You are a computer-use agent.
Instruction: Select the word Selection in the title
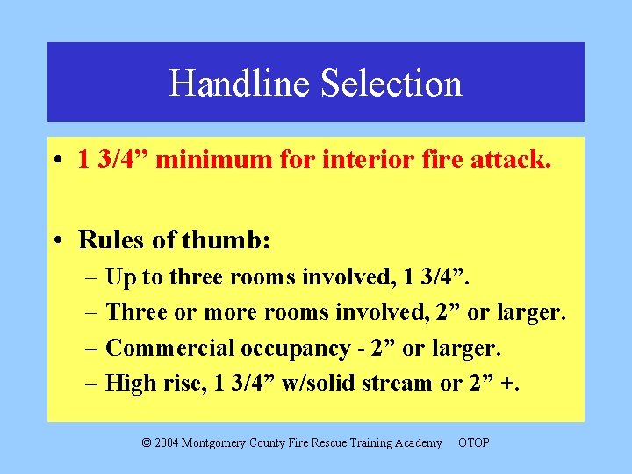[391, 83]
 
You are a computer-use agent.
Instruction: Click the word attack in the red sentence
[512, 160]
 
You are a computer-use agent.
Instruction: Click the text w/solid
[317, 383]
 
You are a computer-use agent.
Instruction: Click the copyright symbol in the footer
[147, 442]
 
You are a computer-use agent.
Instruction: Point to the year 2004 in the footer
[168, 442]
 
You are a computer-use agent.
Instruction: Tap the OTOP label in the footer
[473, 442]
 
